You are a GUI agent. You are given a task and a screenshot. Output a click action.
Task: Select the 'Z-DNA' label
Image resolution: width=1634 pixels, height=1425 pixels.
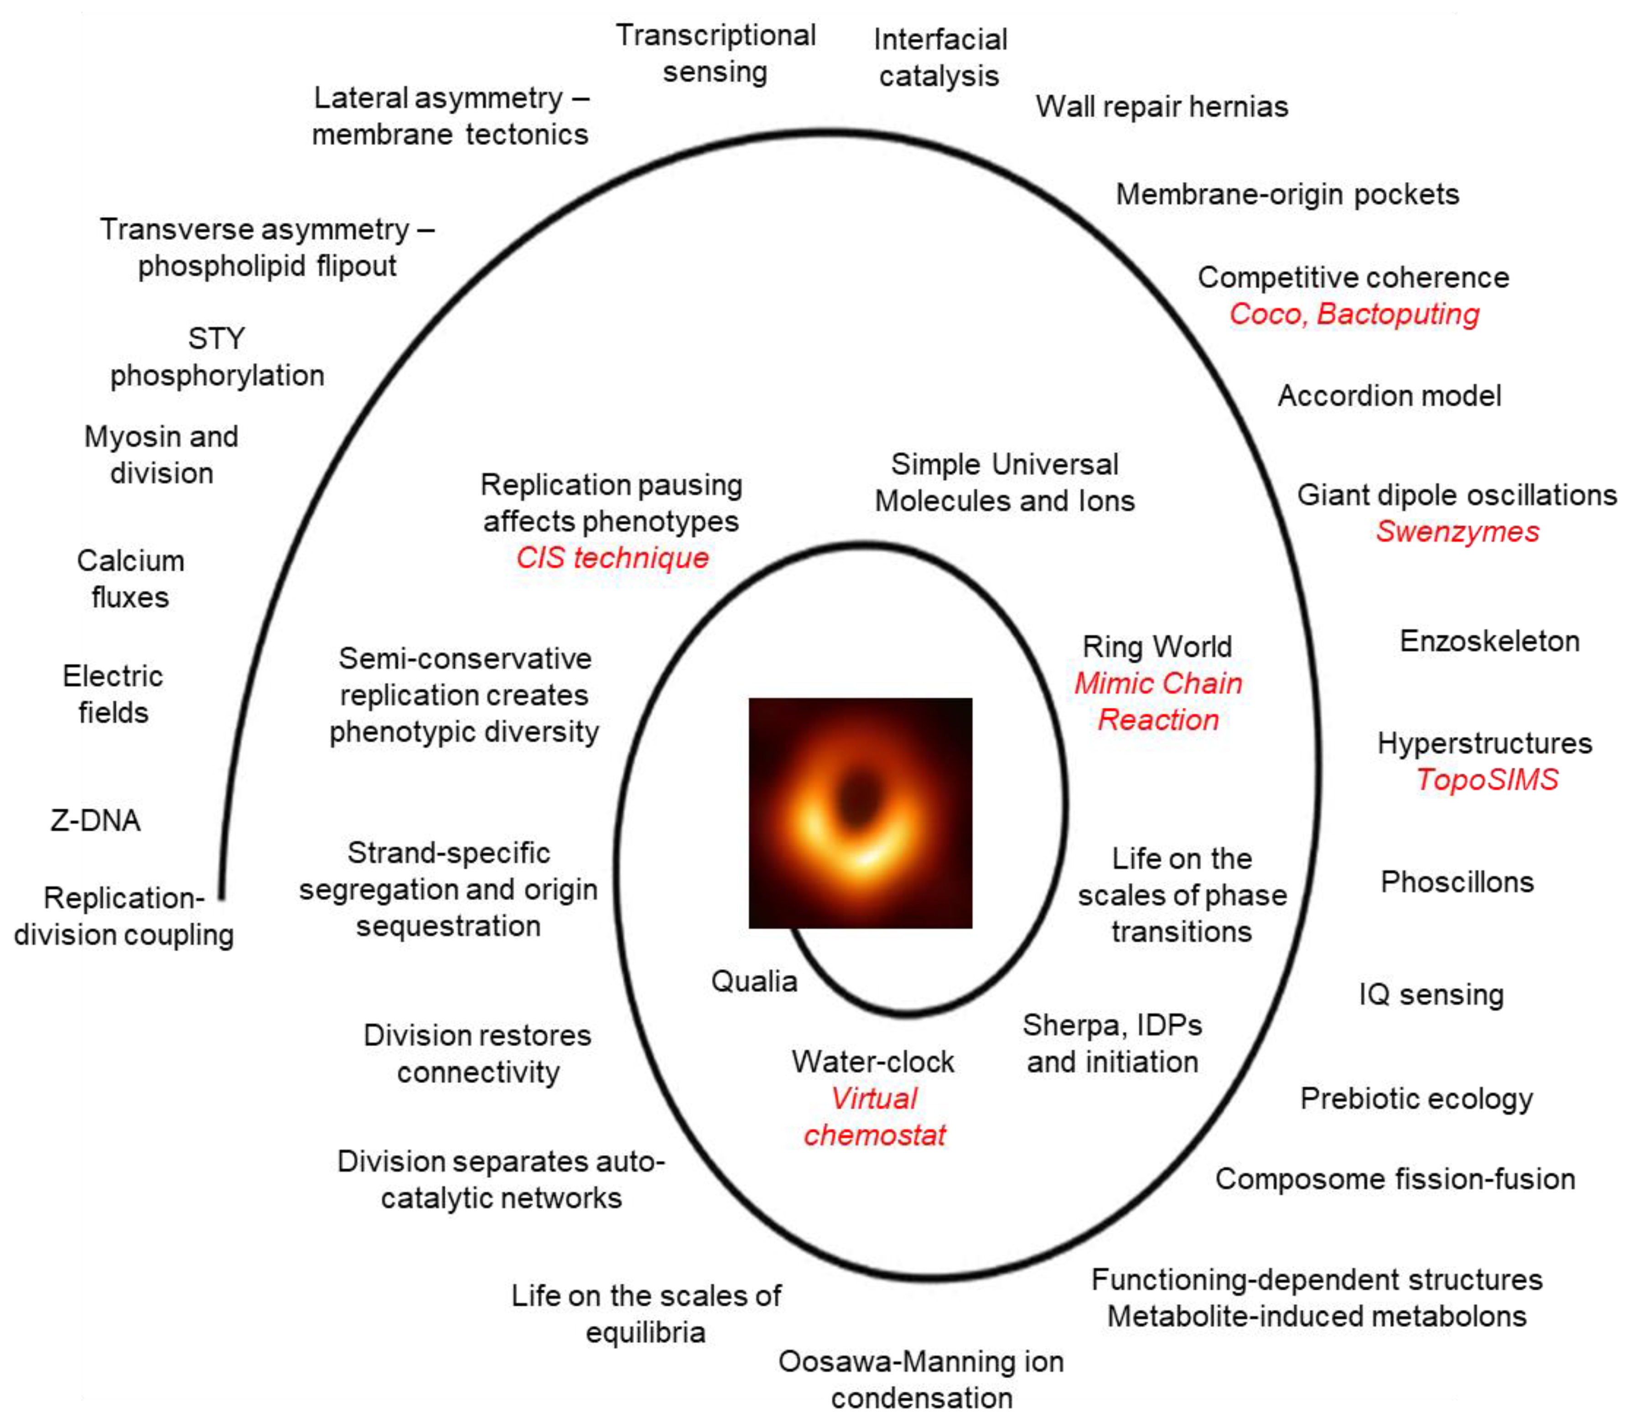pyautogui.click(x=95, y=820)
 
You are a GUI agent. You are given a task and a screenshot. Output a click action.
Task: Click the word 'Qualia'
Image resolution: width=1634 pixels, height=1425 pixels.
pyautogui.click(x=754, y=981)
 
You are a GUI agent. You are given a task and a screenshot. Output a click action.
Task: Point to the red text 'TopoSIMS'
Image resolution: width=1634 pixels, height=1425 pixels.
pyautogui.click(x=1486, y=779)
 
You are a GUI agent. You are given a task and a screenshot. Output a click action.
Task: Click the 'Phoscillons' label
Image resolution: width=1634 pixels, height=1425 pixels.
pyautogui.click(x=1457, y=882)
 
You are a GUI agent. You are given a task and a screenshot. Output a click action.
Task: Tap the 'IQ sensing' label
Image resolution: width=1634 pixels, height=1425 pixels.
pyautogui.click(x=1431, y=994)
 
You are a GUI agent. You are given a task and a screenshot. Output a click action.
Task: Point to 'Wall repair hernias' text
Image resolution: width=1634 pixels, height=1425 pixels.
pyautogui.click(x=1161, y=107)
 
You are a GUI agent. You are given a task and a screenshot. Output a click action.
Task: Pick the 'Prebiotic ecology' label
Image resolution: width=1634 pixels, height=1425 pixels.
pyautogui.click(x=1416, y=1098)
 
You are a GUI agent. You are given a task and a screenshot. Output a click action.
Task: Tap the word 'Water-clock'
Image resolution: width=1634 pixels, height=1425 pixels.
pyautogui.click(x=872, y=1062)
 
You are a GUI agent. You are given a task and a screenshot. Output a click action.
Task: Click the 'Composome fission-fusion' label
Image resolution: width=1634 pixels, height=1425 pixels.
pyautogui.click(x=1395, y=1178)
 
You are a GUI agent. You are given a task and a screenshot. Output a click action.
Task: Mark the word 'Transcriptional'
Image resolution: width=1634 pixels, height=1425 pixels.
pyautogui.click(x=716, y=35)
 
